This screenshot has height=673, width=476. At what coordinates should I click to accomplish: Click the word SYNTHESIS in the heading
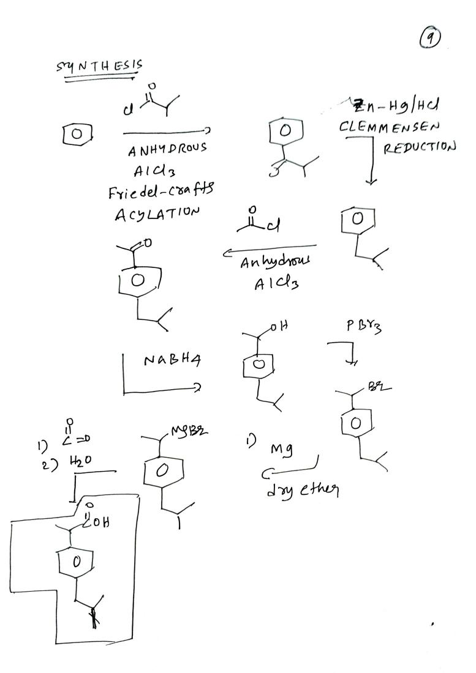99,66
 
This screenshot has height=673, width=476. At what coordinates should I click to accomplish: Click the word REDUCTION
420,147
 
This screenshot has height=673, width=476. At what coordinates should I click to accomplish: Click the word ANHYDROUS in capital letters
167,149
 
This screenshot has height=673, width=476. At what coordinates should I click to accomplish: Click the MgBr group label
191,431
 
